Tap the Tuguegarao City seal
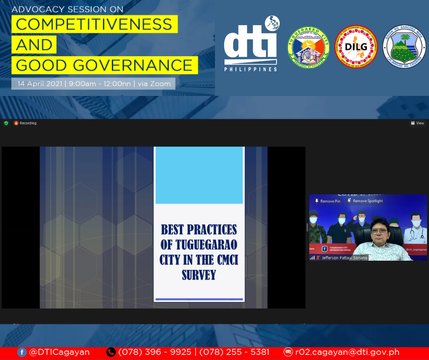(309, 47)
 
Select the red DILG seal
(356, 47)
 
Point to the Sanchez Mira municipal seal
(404, 47)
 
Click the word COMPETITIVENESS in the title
(94, 24)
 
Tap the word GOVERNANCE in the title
(143, 65)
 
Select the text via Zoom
(156, 84)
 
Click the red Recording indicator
(25, 123)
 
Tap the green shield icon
(6, 123)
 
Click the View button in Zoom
(418, 123)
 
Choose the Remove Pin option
(328, 201)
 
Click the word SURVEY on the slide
(199, 275)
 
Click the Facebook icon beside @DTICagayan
(21, 352)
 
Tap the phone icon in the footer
(111, 352)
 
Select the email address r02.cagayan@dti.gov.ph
(347, 352)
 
